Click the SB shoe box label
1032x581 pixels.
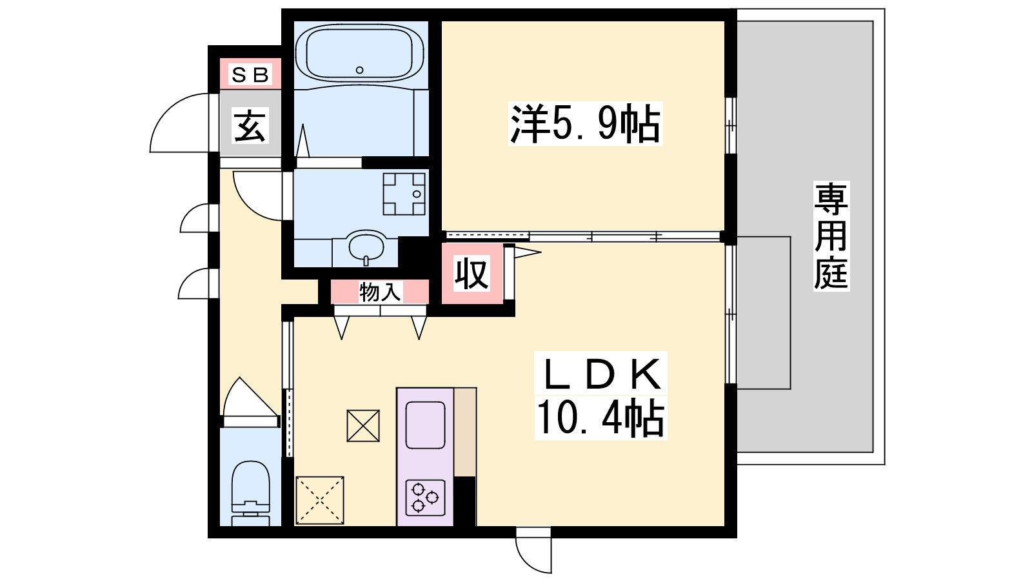(250, 75)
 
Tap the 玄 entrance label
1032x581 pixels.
(250, 126)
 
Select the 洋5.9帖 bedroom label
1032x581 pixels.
(585, 123)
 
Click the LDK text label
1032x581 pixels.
(600, 374)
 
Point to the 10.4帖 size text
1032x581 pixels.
(600, 418)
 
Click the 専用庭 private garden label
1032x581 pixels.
(831, 236)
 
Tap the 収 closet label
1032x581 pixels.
(471, 274)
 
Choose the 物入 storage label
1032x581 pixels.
(380, 292)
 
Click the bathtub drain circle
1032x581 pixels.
(360, 70)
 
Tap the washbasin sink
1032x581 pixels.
(366, 247)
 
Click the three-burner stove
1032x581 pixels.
(425, 498)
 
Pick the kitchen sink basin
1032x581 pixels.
(425, 425)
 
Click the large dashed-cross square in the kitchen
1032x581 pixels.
(320, 500)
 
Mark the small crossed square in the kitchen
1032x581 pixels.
(363, 425)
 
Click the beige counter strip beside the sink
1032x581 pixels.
(465, 432)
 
